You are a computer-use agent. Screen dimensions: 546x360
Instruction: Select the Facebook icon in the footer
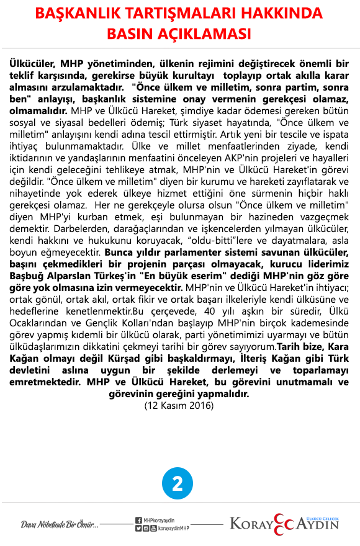coord(138,520)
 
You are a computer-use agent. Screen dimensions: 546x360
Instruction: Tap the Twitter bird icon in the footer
coord(138,528)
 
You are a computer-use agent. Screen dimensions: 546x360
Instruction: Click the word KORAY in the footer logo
coord(251,525)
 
